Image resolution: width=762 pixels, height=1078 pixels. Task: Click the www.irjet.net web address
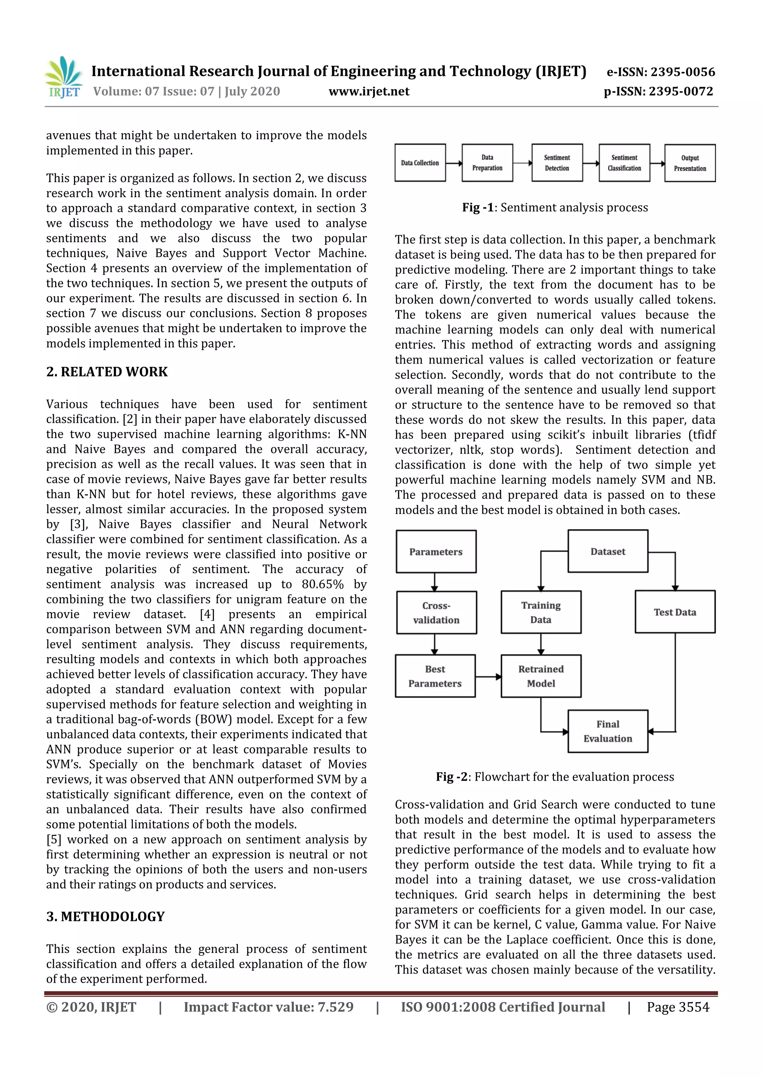pyautogui.click(x=369, y=92)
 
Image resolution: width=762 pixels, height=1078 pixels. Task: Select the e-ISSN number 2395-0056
pyautogui.click(x=660, y=72)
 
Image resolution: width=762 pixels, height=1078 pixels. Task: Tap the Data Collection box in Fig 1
pyautogui.click(x=420, y=163)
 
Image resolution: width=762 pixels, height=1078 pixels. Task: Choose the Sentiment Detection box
pyautogui.click(x=557, y=163)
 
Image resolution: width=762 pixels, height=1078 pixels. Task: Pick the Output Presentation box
pyautogui.click(x=690, y=163)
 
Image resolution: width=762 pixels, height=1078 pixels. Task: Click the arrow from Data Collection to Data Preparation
pyautogui.click(x=454, y=163)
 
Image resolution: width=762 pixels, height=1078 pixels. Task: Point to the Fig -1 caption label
pyautogui.click(x=477, y=208)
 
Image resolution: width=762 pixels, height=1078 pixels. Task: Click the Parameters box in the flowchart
pyautogui.click(x=436, y=552)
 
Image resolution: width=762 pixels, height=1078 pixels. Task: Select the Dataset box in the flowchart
pyautogui.click(x=608, y=551)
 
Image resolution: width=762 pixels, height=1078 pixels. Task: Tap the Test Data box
pyautogui.click(x=675, y=612)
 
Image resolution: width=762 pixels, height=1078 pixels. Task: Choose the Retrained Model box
pyautogui.click(x=541, y=676)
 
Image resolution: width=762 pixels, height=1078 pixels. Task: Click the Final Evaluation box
pyautogui.click(x=608, y=731)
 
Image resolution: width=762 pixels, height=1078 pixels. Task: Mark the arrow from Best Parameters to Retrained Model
pyautogui.click(x=488, y=676)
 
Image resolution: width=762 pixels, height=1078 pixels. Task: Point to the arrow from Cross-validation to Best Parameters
pyautogui.click(x=435, y=644)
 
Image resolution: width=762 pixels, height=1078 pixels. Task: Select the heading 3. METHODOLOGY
pyautogui.click(x=105, y=917)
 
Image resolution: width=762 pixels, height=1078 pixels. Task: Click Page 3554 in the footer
pyautogui.click(x=678, y=1007)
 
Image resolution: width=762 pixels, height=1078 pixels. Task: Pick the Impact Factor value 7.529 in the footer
pyautogui.click(x=268, y=1007)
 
